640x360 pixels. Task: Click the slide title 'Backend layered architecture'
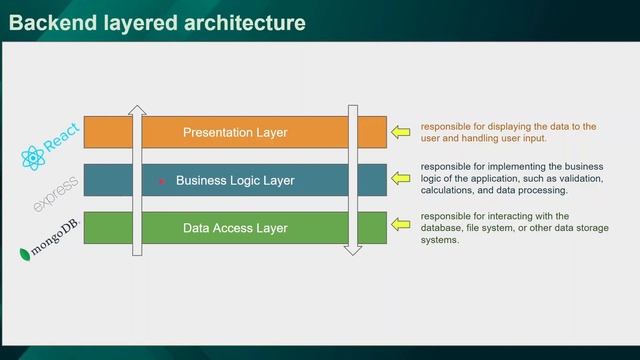coord(156,22)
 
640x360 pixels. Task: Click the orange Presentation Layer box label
coord(235,132)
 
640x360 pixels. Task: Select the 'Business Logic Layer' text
coord(235,181)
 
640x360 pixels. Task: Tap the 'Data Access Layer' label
coord(235,228)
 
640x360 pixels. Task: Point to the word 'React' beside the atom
coord(62,141)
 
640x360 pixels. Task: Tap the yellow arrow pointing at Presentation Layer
coord(401,131)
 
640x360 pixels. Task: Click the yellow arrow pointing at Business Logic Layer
coord(401,178)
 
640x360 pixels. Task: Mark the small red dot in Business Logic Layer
coord(161,182)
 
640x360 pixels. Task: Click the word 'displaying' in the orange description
coord(502,127)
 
